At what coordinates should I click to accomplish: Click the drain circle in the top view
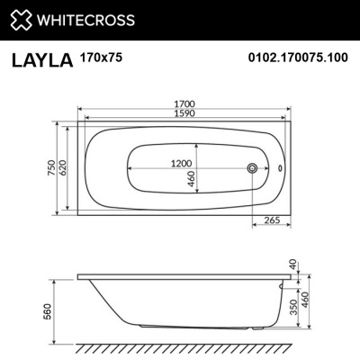point(253,168)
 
